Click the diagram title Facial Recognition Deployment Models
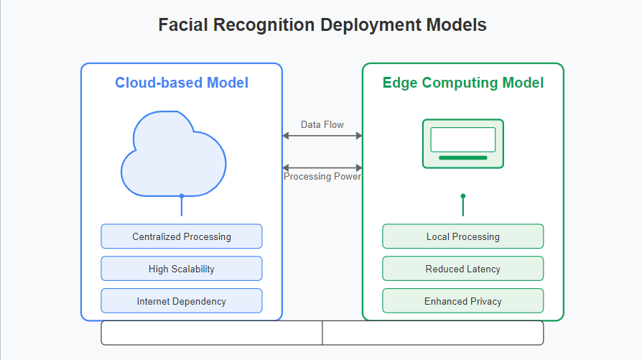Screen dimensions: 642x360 point(322,25)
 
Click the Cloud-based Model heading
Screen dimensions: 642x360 point(182,83)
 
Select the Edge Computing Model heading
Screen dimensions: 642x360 point(463,83)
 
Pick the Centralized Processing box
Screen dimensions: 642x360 point(182,236)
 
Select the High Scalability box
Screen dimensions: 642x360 point(182,269)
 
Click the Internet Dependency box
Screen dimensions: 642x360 point(182,301)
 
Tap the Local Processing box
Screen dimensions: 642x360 point(463,236)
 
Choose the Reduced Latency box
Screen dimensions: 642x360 point(463,269)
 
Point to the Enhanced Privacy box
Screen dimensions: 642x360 point(463,301)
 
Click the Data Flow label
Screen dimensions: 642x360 point(322,124)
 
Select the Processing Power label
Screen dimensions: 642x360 point(322,177)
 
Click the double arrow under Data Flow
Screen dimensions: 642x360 point(322,136)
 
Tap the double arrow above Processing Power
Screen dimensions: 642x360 point(322,167)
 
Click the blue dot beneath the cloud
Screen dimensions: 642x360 point(182,196)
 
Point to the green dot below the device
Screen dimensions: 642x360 point(463,196)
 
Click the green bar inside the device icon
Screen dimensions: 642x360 point(463,157)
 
